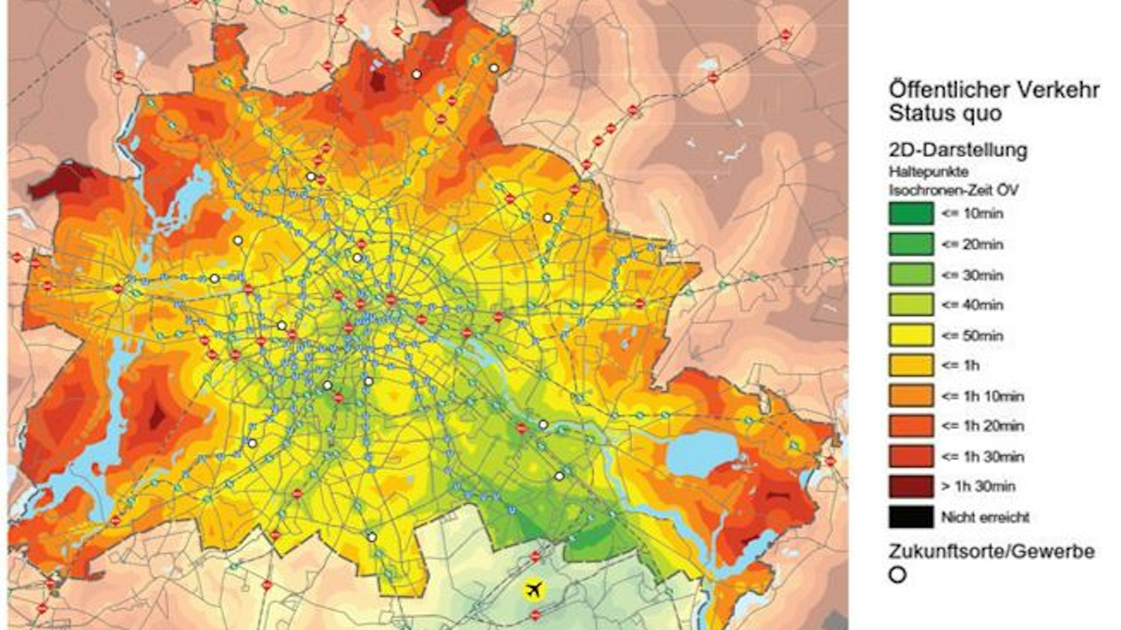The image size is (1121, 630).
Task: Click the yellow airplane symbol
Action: (534, 589)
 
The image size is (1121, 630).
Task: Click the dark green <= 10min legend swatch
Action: (911, 213)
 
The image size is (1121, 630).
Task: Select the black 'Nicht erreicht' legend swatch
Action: (911, 517)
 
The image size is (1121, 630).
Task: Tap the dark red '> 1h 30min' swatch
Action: (911, 486)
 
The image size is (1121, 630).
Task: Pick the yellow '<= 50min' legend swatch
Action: (911, 335)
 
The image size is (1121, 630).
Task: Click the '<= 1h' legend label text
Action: (960, 365)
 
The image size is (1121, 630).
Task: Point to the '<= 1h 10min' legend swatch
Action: (911, 396)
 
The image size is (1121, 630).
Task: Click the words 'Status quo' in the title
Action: (945, 113)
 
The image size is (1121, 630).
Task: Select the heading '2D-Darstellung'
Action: (958, 150)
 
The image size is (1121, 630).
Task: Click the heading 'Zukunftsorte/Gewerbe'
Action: (991, 551)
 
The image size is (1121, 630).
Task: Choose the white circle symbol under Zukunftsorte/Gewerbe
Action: (897, 575)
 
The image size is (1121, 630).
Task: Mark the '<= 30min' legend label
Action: (972, 275)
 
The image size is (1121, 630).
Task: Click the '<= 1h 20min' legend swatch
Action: (911, 426)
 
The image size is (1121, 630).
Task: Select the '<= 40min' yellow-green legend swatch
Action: (911, 305)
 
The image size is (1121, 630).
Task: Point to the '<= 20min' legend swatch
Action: (911, 244)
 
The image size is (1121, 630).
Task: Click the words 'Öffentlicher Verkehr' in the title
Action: (993, 90)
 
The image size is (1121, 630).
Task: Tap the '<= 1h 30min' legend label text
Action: (982, 457)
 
